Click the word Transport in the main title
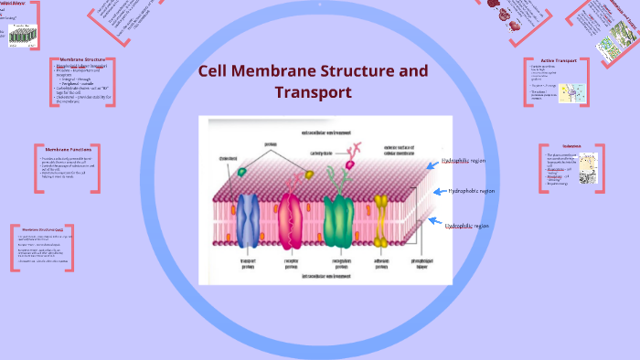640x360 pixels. [313, 92]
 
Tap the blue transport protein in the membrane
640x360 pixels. [249, 221]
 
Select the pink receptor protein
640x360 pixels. [293, 223]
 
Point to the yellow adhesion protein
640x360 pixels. [381, 217]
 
